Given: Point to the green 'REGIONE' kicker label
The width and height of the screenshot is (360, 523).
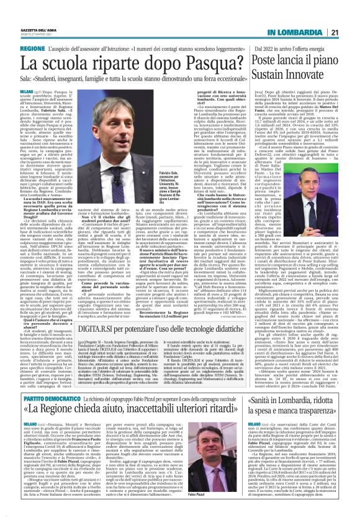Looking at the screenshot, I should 33,48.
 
